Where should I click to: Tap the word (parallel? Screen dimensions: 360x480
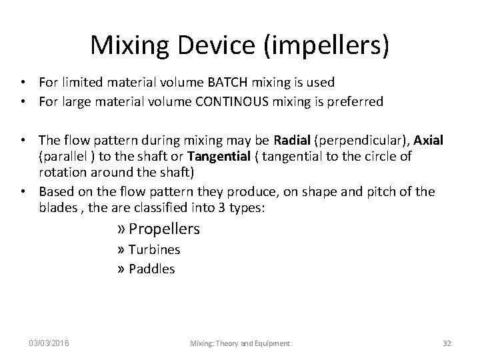click(63, 157)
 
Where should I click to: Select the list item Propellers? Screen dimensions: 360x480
click(164, 229)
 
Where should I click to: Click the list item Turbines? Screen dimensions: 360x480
click(153, 250)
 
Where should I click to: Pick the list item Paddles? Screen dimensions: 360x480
click(151, 269)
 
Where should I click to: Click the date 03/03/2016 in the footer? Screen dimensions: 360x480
click(48, 343)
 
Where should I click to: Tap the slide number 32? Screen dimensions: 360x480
click(447, 343)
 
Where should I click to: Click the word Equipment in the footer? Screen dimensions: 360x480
click(268, 343)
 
